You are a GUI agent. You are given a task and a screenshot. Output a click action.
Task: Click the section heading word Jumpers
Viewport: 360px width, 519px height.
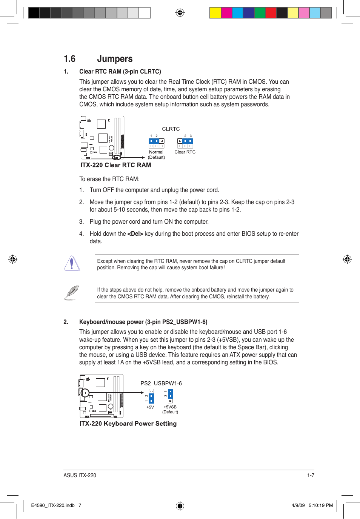tap(115, 59)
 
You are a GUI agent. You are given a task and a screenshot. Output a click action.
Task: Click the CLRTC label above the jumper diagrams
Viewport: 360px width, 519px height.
tap(171, 129)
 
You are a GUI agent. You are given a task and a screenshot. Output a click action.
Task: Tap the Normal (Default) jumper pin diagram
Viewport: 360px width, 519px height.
tap(156, 143)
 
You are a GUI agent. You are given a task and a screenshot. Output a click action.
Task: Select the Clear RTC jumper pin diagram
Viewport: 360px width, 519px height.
tap(185, 143)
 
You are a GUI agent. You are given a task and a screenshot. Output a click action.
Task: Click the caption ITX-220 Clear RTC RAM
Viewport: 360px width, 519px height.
tap(115, 165)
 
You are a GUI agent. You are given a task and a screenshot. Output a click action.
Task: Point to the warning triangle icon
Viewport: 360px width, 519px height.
tap(72, 263)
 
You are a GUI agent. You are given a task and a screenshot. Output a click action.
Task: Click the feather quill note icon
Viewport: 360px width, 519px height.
tap(71, 293)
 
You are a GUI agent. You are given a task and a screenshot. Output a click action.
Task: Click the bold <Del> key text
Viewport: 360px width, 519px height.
tap(135, 234)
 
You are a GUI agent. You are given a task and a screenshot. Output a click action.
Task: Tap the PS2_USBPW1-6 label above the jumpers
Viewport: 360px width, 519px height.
tap(161, 383)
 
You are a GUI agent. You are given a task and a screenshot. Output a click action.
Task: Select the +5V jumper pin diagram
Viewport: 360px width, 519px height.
tap(151, 396)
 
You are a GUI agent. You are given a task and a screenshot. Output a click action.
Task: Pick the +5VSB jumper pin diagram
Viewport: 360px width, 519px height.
tap(170, 396)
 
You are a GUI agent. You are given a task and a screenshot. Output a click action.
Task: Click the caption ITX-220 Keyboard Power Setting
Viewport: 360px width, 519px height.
tap(128, 424)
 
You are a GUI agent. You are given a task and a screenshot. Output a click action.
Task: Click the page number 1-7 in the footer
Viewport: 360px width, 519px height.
tap(311, 475)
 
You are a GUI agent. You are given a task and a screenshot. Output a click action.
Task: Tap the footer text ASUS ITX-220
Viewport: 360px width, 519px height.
tap(80, 475)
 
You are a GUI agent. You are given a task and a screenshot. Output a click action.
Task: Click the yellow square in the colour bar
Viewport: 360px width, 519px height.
tap(215, 13)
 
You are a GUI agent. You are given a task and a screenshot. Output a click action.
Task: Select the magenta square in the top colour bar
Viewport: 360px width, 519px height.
tap(226, 13)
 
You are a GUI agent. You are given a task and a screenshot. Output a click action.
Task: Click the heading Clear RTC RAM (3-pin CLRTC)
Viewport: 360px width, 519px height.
tap(120, 72)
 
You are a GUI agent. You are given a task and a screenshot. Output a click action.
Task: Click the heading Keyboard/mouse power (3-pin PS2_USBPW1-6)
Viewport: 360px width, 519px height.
tap(143, 322)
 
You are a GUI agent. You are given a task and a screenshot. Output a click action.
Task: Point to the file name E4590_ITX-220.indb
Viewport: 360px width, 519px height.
tap(53, 505)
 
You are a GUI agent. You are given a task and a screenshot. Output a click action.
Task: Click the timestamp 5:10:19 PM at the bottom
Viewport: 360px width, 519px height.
tap(321, 505)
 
